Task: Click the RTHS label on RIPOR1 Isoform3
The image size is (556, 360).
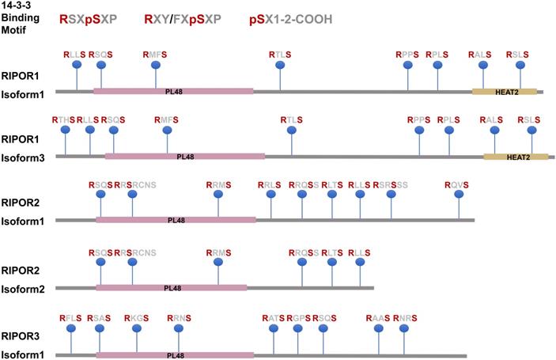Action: pos(63,119)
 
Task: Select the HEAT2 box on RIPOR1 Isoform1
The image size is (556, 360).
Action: pos(505,91)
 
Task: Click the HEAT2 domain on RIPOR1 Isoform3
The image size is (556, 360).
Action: pos(516,157)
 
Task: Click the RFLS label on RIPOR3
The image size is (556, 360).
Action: pos(71,318)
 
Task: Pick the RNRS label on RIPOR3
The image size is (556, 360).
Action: pos(404,318)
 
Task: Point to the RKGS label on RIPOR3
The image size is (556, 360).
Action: pos(136,318)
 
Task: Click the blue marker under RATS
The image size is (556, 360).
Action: pos(274,329)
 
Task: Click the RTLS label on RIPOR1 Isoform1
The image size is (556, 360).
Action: pos(280,54)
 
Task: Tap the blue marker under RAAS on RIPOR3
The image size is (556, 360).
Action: pos(378,329)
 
